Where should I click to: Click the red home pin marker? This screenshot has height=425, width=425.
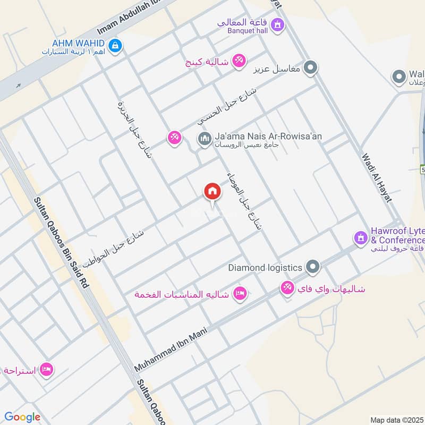pos(212,191)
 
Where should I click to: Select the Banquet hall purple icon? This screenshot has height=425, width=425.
pos(276,24)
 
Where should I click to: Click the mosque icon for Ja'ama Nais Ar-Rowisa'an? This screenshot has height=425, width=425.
pos(204,140)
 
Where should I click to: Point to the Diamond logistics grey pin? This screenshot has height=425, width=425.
pos(313,267)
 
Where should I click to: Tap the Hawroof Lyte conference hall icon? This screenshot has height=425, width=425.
pos(361,237)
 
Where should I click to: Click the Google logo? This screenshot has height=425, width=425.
pos(22,417)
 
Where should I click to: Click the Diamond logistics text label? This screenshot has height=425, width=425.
pos(265,268)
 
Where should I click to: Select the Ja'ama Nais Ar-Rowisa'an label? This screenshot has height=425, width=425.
pos(268,137)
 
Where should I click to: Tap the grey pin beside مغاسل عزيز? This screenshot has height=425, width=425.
pos(312,68)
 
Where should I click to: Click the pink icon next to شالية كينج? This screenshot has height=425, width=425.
pos(239,62)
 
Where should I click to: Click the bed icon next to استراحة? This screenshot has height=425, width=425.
pos(46,369)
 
